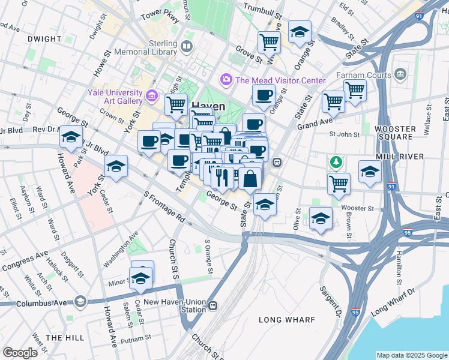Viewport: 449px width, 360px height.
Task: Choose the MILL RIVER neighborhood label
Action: (x=400, y=157)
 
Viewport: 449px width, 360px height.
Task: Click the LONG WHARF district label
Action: (x=286, y=320)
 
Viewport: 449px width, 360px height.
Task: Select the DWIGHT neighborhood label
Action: (x=44, y=39)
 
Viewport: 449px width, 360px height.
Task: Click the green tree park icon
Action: (x=336, y=161)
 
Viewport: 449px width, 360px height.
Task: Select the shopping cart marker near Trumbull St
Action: (x=269, y=43)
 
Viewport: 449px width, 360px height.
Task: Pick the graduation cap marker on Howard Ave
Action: (x=71, y=138)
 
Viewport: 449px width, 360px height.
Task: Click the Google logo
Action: (x=20, y=353)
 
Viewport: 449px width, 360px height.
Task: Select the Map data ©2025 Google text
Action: (x=411, y=355)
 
